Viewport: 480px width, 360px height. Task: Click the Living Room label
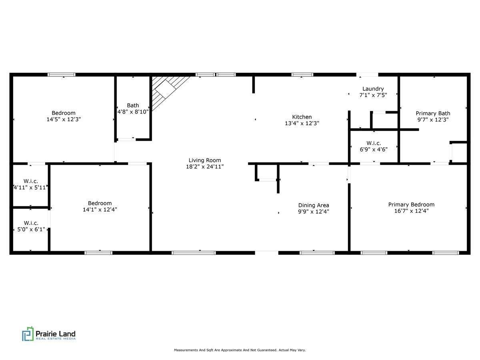[204, 160]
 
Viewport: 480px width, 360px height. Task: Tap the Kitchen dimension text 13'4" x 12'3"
[302, 124]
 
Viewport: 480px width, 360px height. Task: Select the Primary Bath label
[433, 113]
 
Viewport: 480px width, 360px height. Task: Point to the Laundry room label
[373, 89]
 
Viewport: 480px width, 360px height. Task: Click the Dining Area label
[314, 205]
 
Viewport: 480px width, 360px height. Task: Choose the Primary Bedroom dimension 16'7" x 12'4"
[411, 211]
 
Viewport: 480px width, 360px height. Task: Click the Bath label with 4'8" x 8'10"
[133, 106]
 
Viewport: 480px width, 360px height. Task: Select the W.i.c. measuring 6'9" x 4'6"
[374, 143]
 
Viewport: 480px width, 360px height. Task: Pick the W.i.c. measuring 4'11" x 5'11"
[31, 181]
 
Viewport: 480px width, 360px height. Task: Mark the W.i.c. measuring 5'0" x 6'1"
[31, 223]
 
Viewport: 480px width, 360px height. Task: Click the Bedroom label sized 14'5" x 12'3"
[64, 113]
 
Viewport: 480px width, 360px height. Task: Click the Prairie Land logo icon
[28, 334]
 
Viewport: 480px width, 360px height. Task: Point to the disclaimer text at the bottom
[240, 350]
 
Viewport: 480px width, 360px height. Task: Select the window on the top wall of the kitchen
[302, 74]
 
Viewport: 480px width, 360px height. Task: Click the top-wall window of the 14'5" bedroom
[61, 74]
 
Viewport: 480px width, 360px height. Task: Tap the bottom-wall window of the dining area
[317, 252]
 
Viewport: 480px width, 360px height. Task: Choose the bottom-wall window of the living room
[194, 252]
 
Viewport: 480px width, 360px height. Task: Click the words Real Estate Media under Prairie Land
[56, 339]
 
